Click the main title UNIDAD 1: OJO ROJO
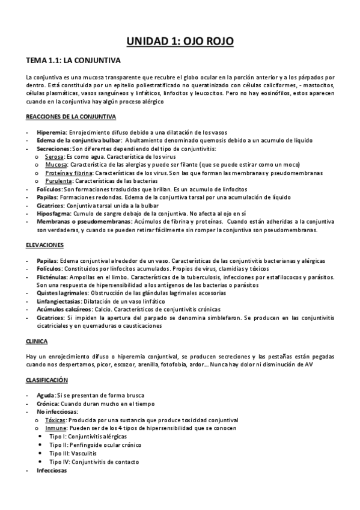pyautogui.click(x=180, y=41)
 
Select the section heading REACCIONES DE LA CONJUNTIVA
pyautogui.click(x=72, y=115)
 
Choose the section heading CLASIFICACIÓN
pyautogui.click(x=47, y=380)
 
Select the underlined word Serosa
pyautogui.click(x=55, y=156)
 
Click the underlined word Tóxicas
pyautogui.click(x=55, y=420)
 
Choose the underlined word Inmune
pyautogui.click(x=55, y=428)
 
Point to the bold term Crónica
pyautogui.click(x=48, y=404)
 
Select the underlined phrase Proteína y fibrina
pyautogui.click(x=68, y=172)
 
